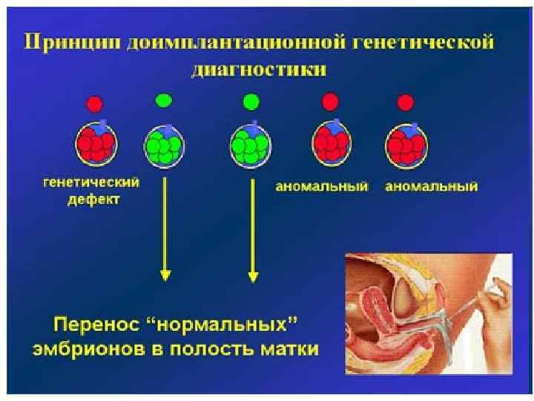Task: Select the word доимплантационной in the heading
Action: click(208, 42)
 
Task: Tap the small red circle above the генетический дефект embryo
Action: click(94, 104)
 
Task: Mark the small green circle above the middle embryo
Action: click(251, 100)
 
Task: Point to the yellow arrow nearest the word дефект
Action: click(165, 230)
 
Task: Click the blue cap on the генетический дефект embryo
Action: click(104, 126)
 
